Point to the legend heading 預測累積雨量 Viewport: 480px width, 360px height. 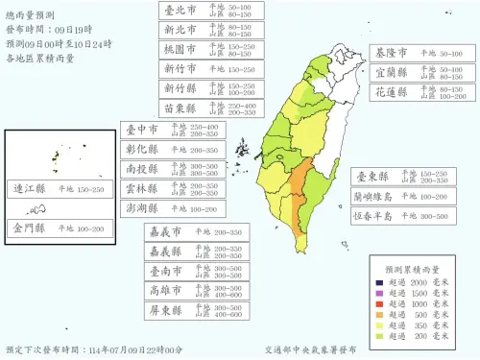410,270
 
